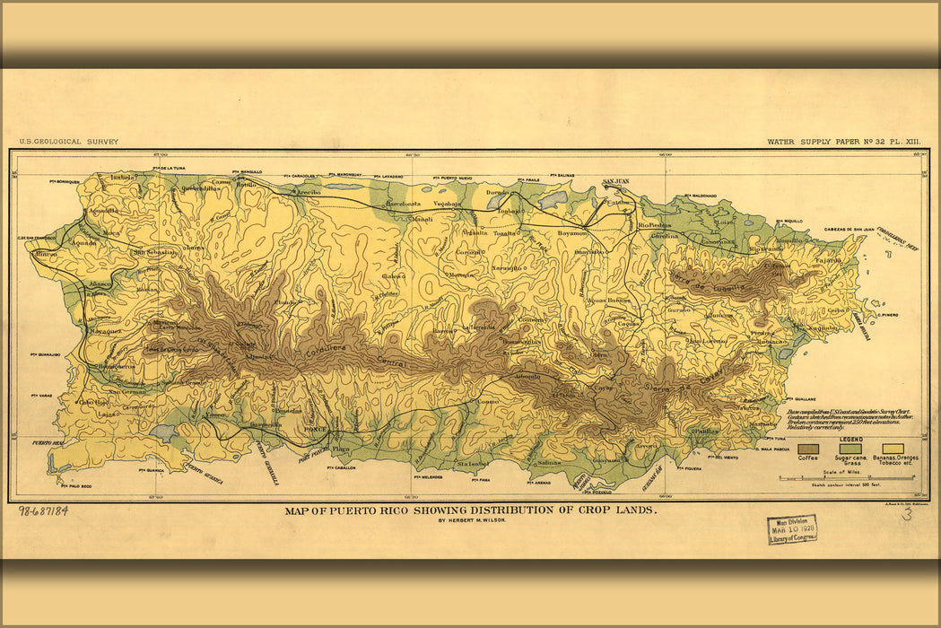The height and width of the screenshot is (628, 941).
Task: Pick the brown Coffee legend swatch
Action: pyautogui.click(x=808, y=448)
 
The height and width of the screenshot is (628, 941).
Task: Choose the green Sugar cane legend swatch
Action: pyautogui.click(x=850, y=448)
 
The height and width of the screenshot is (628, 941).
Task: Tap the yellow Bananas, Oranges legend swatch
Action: pyautogui.click(x=893, y=448)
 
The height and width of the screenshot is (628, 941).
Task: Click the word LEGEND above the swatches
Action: pyautogui.click(x=850, y=439)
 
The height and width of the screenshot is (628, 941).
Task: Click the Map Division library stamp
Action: pyautogui.click(x=791, y=530)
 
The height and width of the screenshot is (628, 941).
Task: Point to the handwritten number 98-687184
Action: pyautogui.click(x=42, y=511)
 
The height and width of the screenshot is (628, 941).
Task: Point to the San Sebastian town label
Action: pyautogui.click(x=155, y=253)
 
